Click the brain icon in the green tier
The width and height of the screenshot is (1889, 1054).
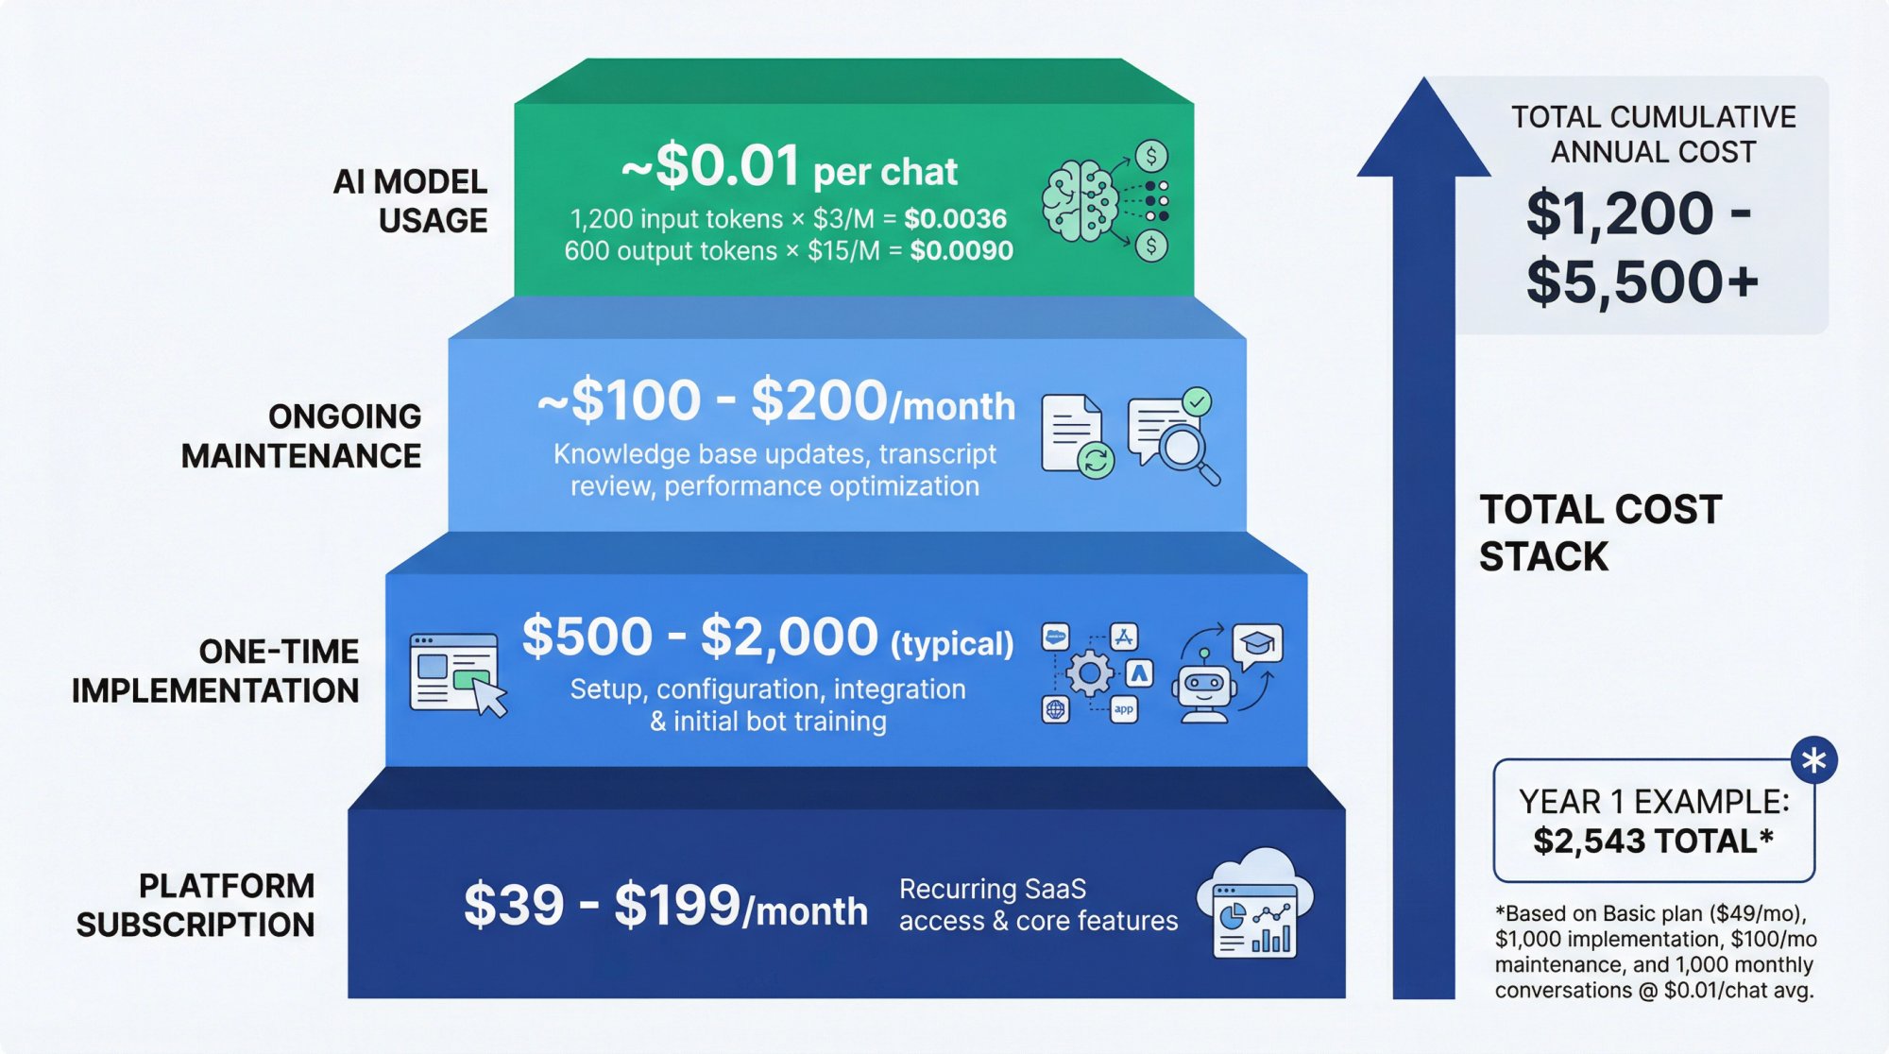coord(1081,200)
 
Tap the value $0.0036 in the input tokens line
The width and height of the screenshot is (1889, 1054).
coord(955,219)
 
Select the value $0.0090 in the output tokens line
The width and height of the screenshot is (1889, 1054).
coord(961,251)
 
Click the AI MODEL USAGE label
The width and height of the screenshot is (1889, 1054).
coord(410,200)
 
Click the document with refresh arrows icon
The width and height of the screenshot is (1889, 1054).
coord(1076,435)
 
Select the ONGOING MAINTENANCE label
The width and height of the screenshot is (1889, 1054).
coord(301,436)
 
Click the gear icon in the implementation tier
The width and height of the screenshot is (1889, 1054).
coord(1089,673)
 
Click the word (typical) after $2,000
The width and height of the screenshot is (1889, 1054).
coord(952,644)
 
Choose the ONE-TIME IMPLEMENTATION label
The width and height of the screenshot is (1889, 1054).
coord(215,671)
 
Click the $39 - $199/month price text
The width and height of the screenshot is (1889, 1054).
coord(665,906)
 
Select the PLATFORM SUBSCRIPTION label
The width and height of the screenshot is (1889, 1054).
coord(196,905)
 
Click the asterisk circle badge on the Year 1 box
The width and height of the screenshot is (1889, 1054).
coord(1813,760)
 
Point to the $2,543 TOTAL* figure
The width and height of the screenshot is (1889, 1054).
coord(1653,841)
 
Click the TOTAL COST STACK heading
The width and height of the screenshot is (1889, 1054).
coord(1600,533)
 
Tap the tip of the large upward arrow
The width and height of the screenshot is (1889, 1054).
coord(1423,85)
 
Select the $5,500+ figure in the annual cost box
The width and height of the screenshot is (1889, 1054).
coord(1642,281)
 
